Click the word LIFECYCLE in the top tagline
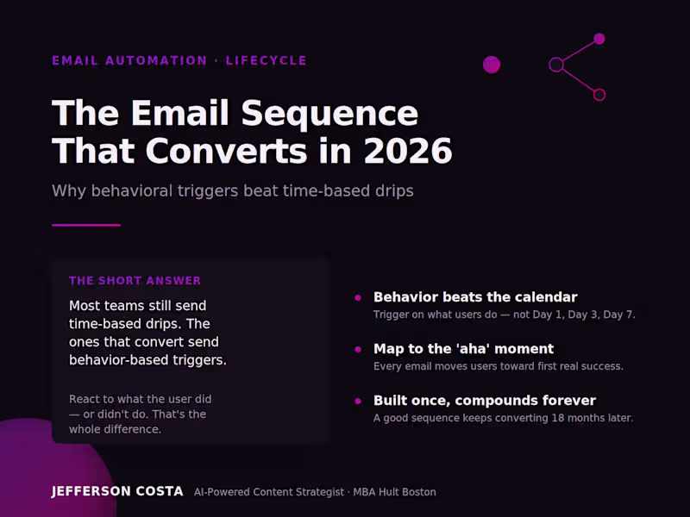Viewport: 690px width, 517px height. [266, 60]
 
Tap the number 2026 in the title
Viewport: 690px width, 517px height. [408, 151]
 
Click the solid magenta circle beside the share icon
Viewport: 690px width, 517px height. [492, 65]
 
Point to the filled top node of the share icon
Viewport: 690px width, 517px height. [599, 39]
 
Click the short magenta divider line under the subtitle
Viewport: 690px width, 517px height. [86, 225]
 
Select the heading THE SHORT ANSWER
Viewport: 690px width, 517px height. [135, 281]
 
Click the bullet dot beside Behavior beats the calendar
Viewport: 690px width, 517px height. [358, 297]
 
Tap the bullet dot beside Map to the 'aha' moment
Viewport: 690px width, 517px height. [358, 350]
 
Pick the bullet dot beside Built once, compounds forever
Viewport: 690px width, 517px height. [358, 401]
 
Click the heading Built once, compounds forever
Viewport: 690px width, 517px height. [485, 401]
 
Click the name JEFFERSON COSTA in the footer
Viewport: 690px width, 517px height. [117, 491]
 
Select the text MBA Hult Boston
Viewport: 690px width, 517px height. [395, 492]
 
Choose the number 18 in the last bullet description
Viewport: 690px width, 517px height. [558, 418]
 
